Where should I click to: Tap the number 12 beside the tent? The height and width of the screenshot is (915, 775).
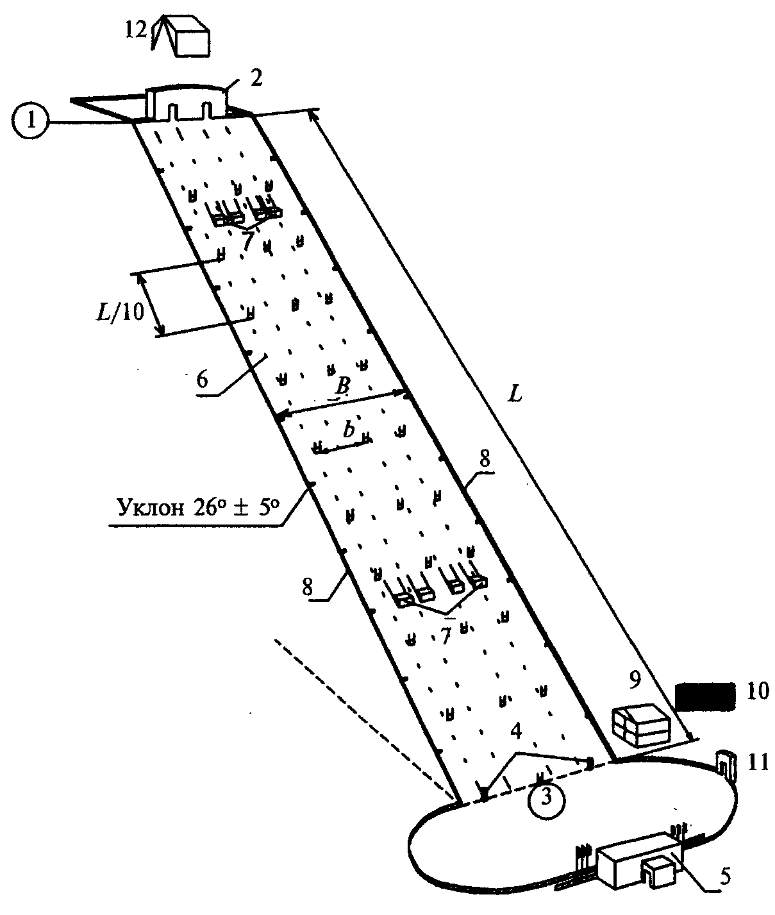click(136, 31)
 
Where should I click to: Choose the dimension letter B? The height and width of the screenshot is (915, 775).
click(341, 386)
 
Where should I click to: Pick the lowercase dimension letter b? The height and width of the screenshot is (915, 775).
click(349, 430)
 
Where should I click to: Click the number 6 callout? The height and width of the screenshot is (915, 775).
click(202, 380)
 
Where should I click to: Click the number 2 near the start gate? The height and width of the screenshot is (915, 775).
click(256, 78)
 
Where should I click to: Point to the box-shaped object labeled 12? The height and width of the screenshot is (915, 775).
click(192, 37)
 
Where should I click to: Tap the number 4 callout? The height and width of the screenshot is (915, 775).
click(515, 731)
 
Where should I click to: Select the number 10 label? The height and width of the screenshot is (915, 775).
click(758, 691)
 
